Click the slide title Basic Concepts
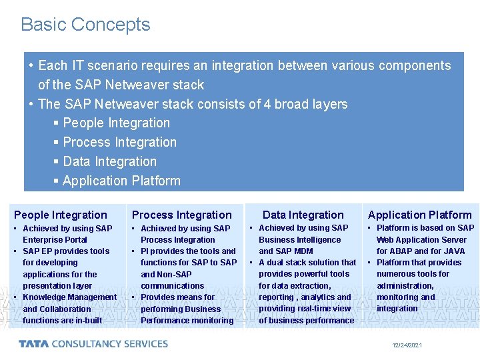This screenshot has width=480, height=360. point(85,25)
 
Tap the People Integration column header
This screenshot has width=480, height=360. point(60,215)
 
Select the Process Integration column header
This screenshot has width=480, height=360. point(181,215)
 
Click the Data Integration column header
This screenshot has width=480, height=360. point(303,215)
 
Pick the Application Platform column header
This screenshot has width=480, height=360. point(419,215)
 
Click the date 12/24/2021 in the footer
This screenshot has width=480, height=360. point(407,345)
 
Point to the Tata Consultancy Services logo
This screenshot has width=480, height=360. point(93,344)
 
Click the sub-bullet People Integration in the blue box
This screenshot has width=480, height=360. point(116,123)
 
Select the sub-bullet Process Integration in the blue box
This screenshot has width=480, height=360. point(119,142)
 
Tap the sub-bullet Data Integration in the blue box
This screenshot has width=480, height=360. point(109,161)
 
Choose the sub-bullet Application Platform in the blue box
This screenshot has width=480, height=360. point(121,181)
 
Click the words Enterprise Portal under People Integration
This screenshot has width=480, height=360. point(55,240)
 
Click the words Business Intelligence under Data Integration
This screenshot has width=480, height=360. point(299,239)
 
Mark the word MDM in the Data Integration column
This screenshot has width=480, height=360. point(303,251)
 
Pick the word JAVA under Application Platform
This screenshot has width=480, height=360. point(453,251)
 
